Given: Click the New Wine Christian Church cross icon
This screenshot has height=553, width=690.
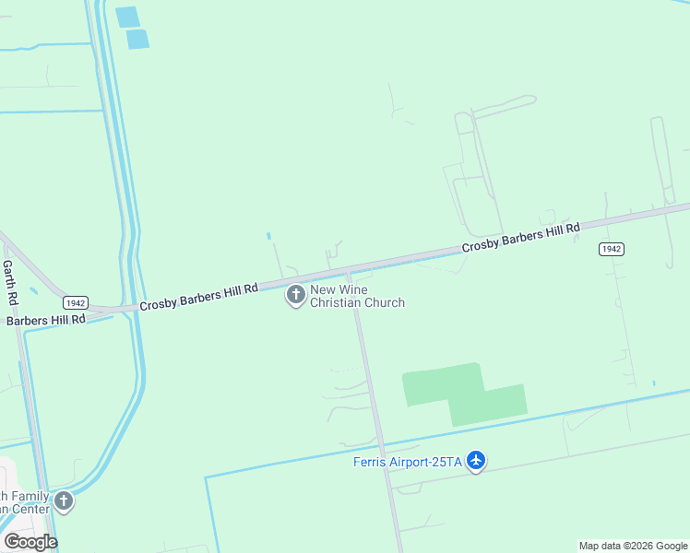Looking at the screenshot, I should click(296, 296).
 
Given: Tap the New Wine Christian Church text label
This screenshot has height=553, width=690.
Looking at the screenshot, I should click(357, 296).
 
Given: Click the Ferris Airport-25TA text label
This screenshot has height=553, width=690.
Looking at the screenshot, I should click(407, 462).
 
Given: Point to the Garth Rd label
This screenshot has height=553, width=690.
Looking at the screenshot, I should click(9, 283).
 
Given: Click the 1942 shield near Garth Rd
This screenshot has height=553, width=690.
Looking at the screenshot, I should click(75, 302).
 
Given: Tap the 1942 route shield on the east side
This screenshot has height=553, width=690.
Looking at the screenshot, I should click(611, 249).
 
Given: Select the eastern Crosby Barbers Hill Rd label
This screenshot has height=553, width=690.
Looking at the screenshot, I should click(520, 237).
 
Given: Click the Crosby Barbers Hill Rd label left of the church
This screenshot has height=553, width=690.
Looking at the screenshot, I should click(198, 296).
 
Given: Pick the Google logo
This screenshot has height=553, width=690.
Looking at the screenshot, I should click(30, 542).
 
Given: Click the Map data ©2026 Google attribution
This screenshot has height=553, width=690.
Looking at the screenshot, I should click(633, 546).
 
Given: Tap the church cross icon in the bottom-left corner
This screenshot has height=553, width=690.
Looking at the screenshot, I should click(64, 501).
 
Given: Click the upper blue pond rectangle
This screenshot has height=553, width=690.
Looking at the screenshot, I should click(126, 17).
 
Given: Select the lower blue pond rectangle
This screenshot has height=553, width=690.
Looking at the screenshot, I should click(137, 39).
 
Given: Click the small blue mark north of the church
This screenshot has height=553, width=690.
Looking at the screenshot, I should click(268, 236).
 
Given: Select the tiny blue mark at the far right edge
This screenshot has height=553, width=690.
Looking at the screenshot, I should click(653, 383).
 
